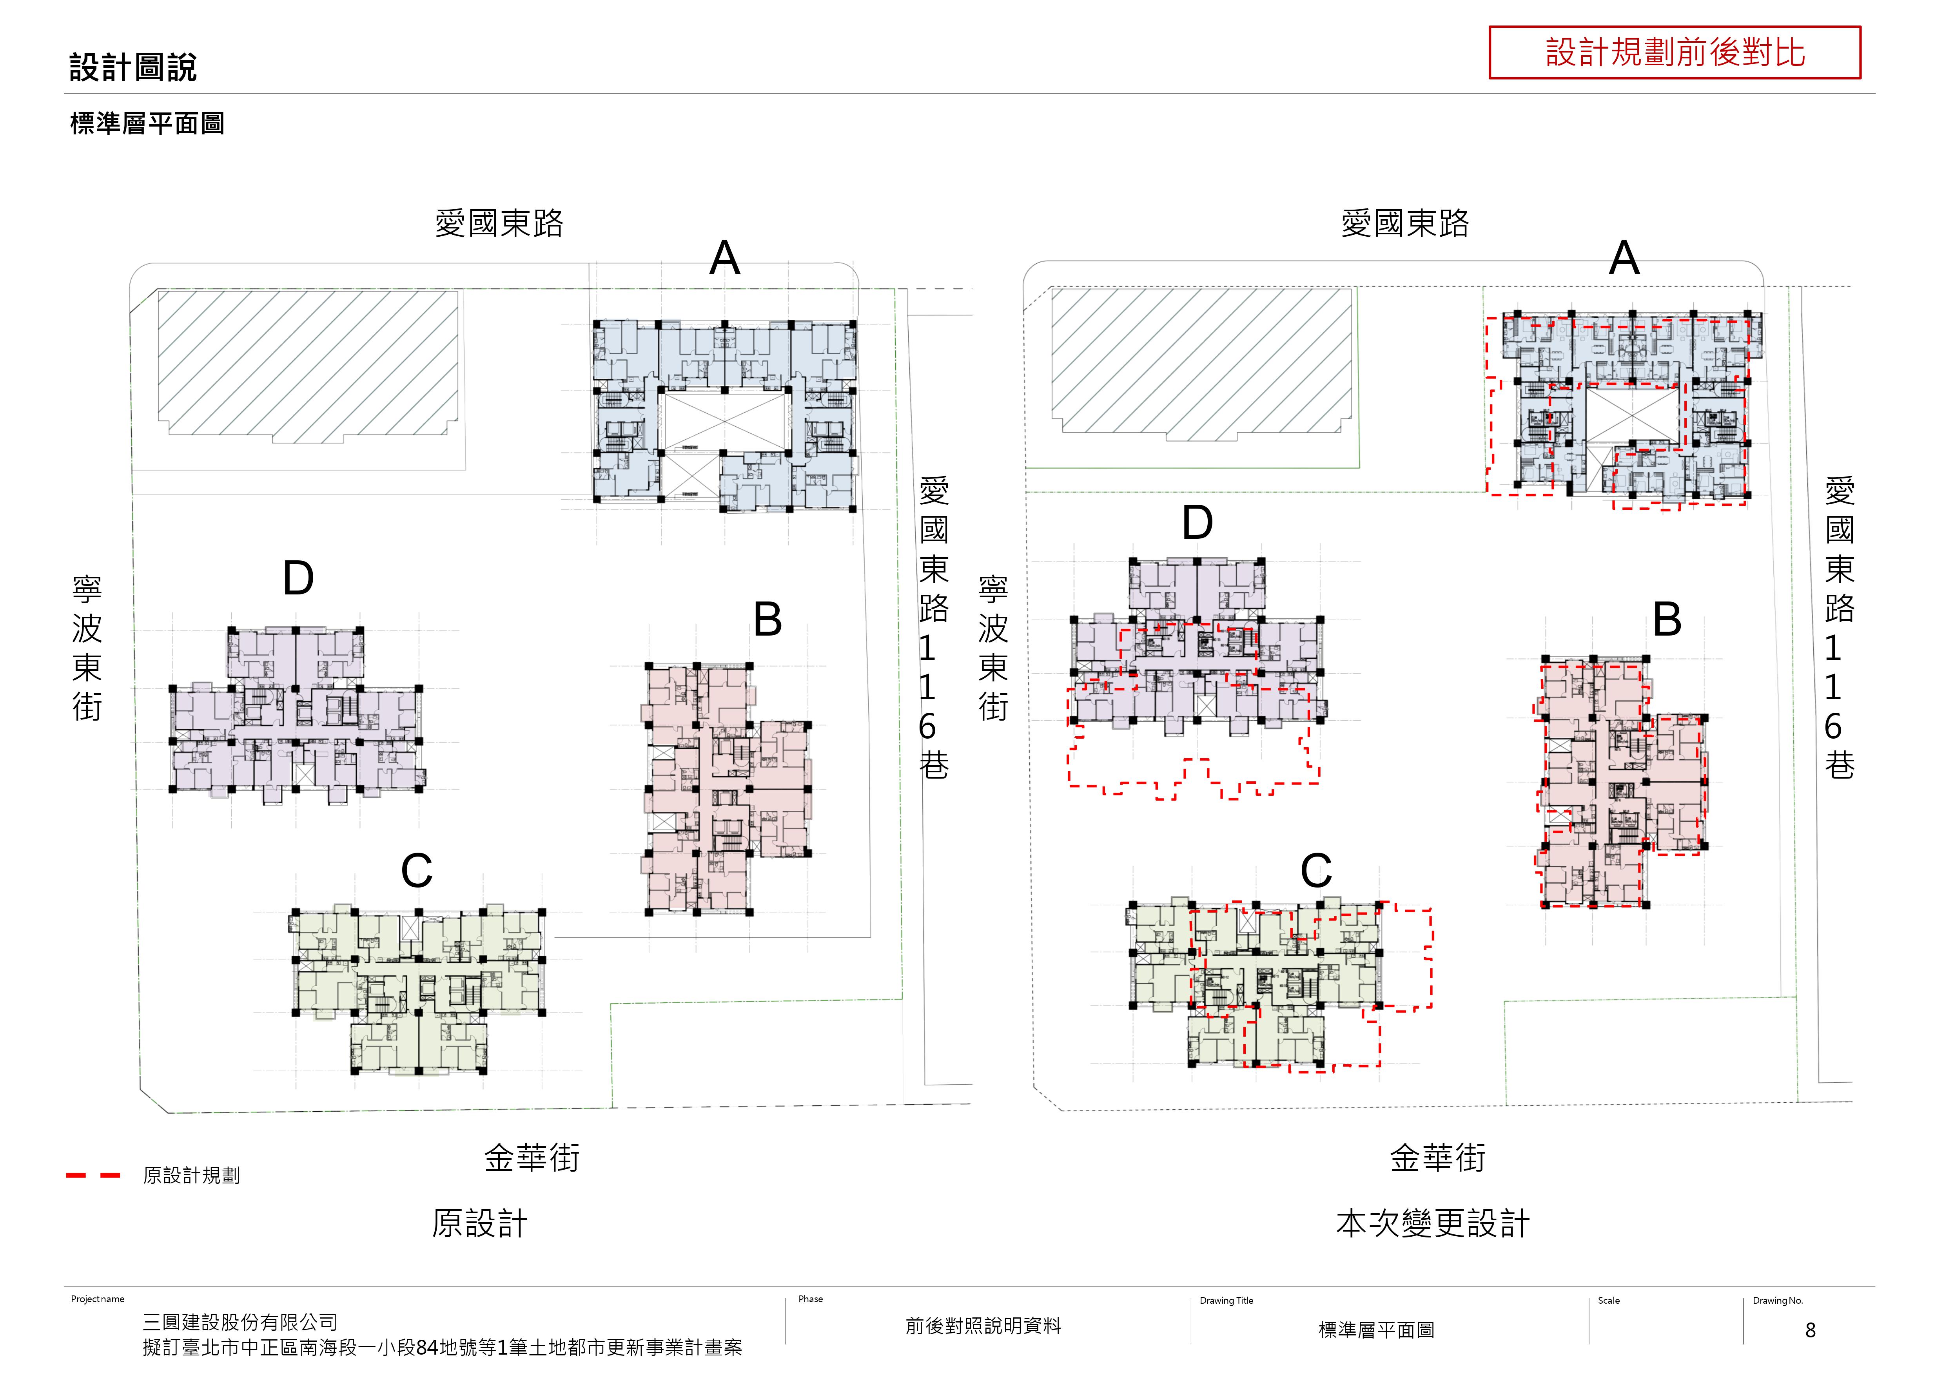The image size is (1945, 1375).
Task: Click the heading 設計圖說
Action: coord(133,68)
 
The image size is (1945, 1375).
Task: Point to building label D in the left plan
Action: coord(298,579)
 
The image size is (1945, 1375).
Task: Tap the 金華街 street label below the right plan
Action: coord(1437,1158)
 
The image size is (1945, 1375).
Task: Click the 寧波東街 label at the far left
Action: coord(87,648)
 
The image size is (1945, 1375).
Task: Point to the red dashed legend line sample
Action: coord(93,1175)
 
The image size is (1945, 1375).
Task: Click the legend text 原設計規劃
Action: coord(191,1175)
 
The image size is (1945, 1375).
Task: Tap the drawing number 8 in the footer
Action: coord(1810,1330)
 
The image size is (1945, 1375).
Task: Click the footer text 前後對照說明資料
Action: coord(983,1326)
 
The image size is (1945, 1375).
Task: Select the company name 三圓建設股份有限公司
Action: coord(240,1322)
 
